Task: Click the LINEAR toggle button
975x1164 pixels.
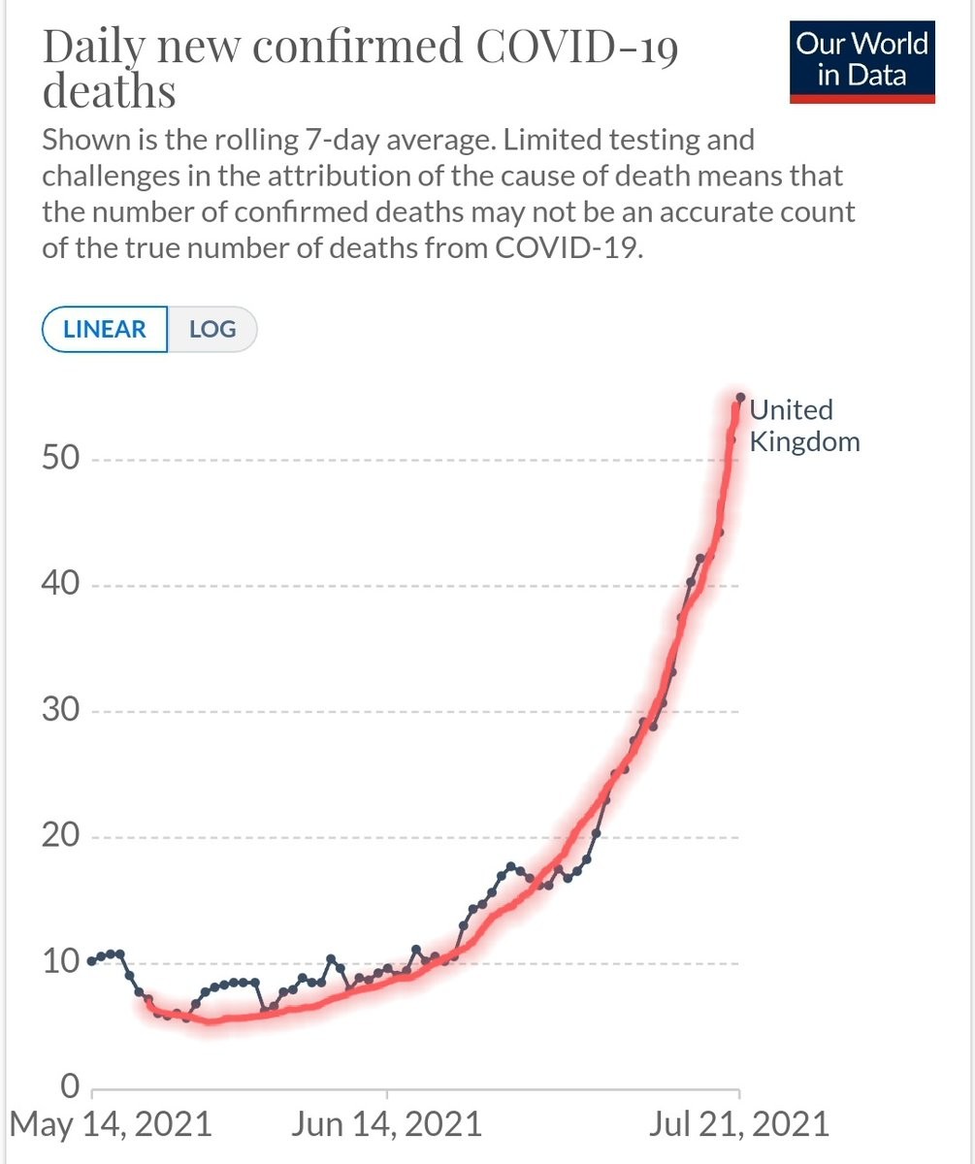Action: pos(105,329)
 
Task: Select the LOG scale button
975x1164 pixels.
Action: pos(212,329)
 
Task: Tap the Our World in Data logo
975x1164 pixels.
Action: pos(861,60)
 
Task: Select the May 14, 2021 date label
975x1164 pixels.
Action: pos(111,1124)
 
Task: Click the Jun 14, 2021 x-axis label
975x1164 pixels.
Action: pos(386,1124)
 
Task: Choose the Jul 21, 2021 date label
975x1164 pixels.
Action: pos(739,1124)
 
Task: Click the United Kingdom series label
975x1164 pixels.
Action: pos(804,426)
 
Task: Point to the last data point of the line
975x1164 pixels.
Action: pos(740,397)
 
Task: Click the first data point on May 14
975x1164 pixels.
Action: pos(92,961)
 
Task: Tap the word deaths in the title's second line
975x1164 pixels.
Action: pos(109,92)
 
